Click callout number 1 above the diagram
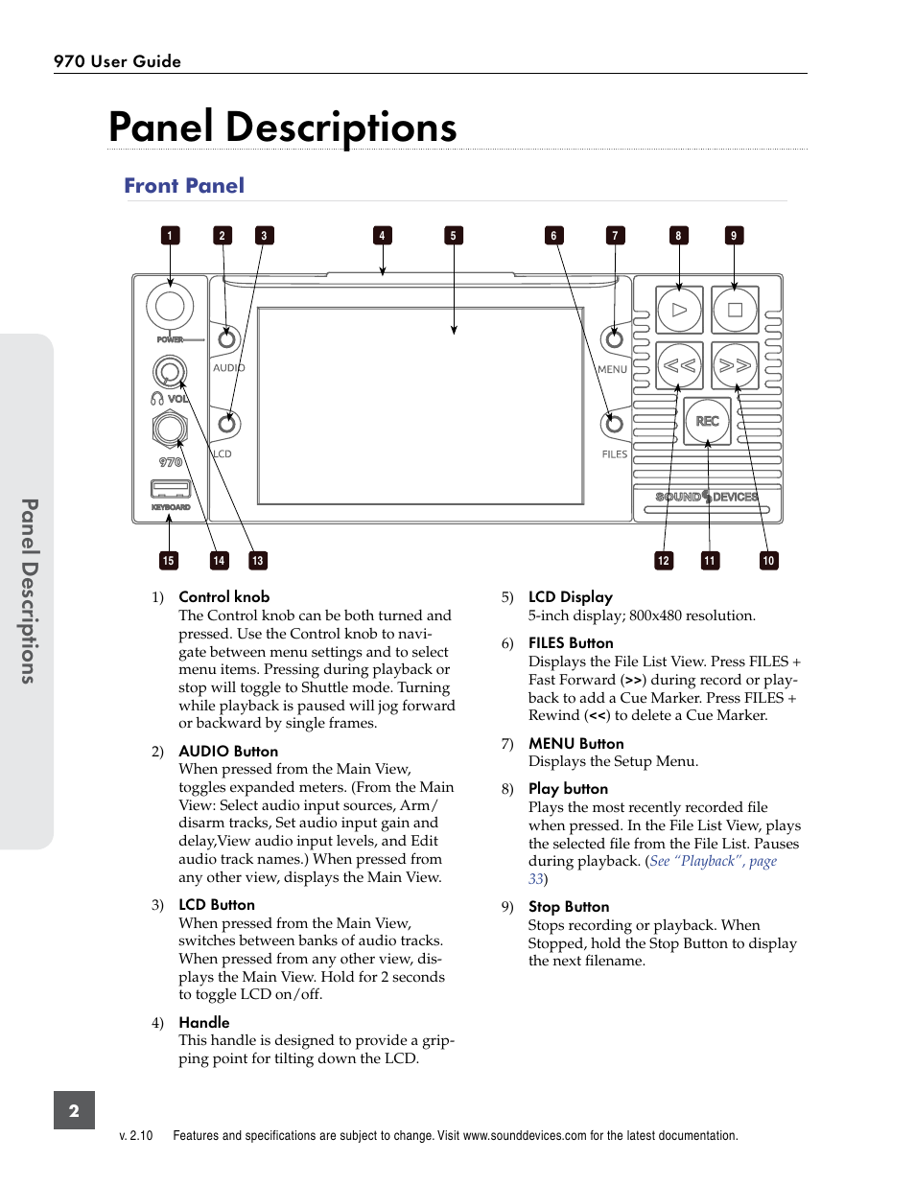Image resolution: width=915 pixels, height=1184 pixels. point(170,236)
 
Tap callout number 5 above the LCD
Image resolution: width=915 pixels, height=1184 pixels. point(454,236)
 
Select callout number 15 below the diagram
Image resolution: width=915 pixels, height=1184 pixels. point(169,561)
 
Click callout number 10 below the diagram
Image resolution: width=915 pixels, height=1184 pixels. point(768,561)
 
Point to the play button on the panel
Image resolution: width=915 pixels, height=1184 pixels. point(679,310)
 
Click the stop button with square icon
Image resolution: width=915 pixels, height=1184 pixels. point(735,310)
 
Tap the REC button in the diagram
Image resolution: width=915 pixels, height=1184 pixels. point(708,421)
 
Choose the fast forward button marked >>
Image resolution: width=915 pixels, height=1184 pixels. point(735,365)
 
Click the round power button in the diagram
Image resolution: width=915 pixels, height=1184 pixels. point(170,306)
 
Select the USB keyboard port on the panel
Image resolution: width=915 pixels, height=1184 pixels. point(170,490)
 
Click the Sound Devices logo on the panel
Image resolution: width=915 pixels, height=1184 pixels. point(707,497)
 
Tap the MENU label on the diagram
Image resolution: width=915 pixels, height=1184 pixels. point(612,369)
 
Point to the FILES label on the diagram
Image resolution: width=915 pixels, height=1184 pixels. point(615,454)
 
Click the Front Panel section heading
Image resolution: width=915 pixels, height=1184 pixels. point(184,186)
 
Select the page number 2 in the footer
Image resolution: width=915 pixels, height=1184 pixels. point(74,1111)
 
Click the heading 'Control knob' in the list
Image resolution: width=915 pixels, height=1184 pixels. point(223,597)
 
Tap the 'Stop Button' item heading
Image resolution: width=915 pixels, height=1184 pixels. point(569,907)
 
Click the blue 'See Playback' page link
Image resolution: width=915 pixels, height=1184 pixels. point(713,862)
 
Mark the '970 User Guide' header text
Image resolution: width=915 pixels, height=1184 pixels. point(117,61)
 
